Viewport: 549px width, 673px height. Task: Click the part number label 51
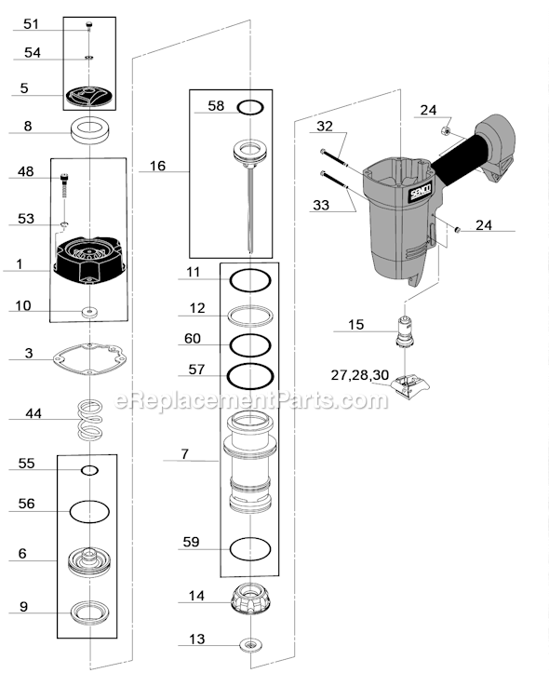click(31, 24)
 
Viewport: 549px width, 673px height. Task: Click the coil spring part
click(90, 420)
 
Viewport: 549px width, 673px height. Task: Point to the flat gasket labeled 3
click(89, 357)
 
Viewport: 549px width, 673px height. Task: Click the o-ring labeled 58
click(248, 107)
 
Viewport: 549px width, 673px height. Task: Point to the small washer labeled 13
click(249, 644)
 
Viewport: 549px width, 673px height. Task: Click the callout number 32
click(324, 125)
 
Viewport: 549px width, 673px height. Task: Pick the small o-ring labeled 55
click(90, 471)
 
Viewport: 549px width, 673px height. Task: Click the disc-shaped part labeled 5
click(90, 94)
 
